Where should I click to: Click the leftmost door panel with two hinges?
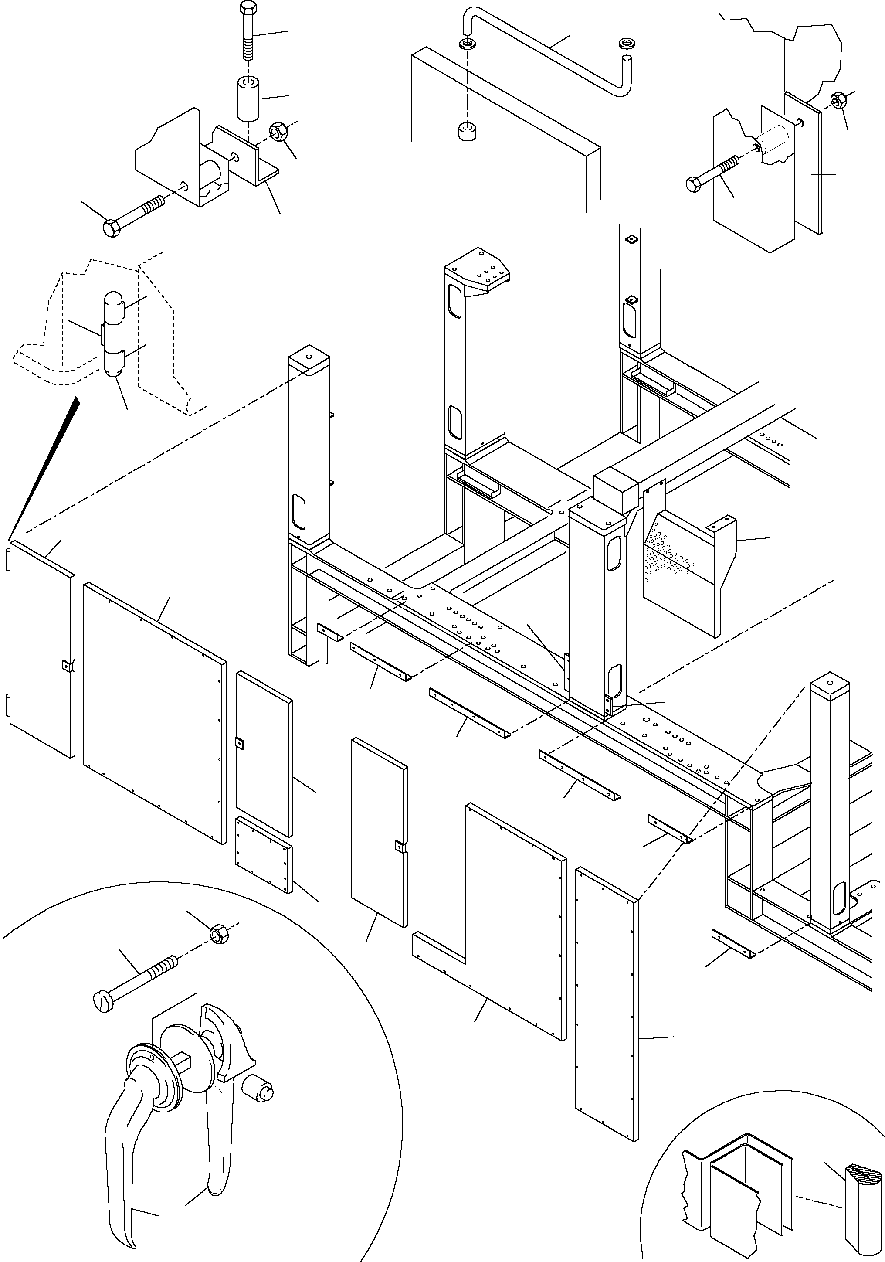41,649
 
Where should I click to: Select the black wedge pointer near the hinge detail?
44,467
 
